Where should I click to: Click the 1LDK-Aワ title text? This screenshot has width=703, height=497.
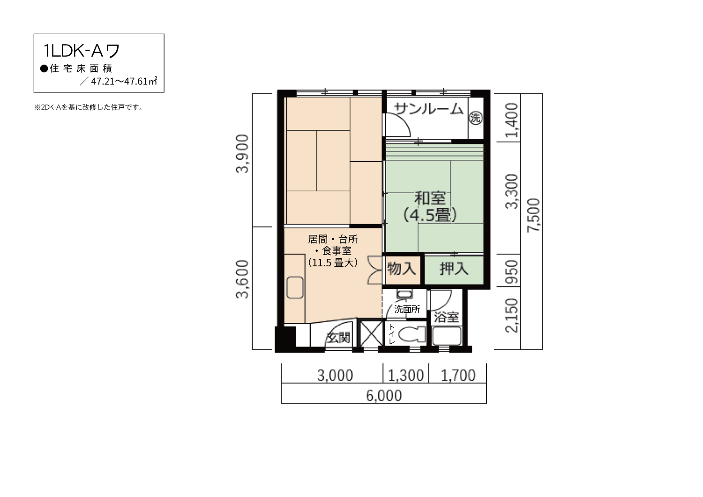coord(82,51)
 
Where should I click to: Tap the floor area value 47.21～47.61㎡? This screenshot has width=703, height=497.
coord(124,81)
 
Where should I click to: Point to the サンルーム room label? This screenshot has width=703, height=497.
coord(429,109)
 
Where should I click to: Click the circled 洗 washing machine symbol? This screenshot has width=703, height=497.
coord(476,118)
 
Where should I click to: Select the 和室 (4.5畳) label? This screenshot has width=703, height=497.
coord(430,207)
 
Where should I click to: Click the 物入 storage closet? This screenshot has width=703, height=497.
coord(402,269)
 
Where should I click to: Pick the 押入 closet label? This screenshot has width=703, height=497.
coord(454,269)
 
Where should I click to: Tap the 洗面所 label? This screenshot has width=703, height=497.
coord(407,309)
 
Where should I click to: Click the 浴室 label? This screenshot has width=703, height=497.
coord(446,317)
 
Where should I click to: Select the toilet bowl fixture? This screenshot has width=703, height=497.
coord(412,334)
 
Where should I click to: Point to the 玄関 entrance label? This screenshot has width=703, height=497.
coord(338,338)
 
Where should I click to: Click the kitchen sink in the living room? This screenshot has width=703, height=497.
coord(295,287)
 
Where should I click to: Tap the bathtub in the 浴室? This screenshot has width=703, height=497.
coord(447,336)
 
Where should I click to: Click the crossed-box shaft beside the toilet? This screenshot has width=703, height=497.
coord(371,333)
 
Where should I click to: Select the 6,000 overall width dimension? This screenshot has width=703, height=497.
coord(384,396)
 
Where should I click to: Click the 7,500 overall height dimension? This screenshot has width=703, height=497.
coord(533,215)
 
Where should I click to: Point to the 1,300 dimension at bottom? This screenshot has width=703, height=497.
coord(406,376)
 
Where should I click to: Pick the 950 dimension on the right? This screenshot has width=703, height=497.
coord(512,271)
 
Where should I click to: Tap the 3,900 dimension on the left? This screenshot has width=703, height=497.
coord(242,154)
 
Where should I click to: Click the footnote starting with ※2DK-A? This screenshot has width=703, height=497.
coord(89,107)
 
